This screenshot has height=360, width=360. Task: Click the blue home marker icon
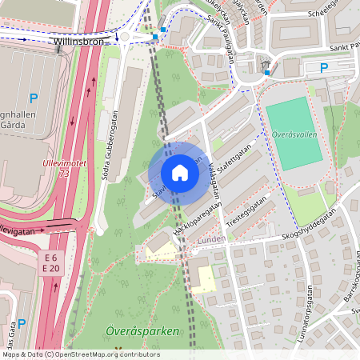point(179,173)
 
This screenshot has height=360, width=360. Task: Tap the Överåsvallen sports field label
point(294,134)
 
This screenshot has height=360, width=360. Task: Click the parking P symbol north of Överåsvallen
point(324,69)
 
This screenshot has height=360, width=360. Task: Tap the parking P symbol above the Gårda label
point(33,98)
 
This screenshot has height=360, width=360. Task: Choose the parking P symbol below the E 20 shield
point(22,323)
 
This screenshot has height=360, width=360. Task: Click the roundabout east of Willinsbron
point(126,36)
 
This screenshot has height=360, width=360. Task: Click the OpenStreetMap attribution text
point(80,354)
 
